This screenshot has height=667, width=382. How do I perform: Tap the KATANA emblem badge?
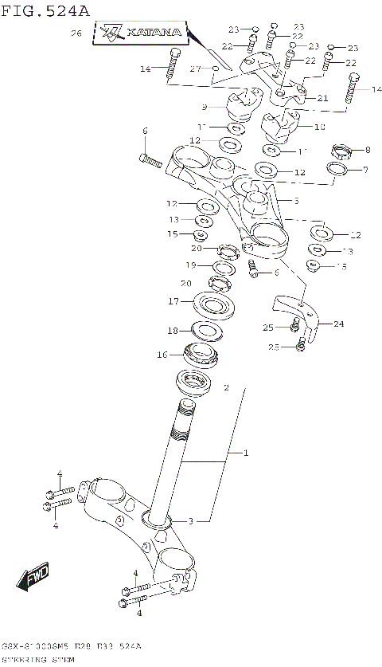(x=144, y=34)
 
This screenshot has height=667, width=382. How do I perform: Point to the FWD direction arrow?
(x=35, y=575)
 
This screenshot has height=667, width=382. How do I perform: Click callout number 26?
(x=76, y=33)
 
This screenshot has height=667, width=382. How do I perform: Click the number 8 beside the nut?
(x=367, y=150)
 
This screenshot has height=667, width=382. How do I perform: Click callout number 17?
(x=173, y=301)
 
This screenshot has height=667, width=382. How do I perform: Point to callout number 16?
(x=162, y=355)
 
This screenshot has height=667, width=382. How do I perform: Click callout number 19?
(x=191, y=265)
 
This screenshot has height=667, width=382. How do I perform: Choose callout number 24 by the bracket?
(x=339, y=324)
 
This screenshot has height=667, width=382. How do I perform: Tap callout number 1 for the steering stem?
(x=246, y=453)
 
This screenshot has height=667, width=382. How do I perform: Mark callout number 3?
(x=190, y=521)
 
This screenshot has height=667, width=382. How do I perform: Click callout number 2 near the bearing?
(x=226, y=389)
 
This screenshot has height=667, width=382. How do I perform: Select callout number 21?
(x=322, y=98)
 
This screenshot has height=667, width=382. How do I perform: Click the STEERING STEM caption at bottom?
(x=39, y=661)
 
